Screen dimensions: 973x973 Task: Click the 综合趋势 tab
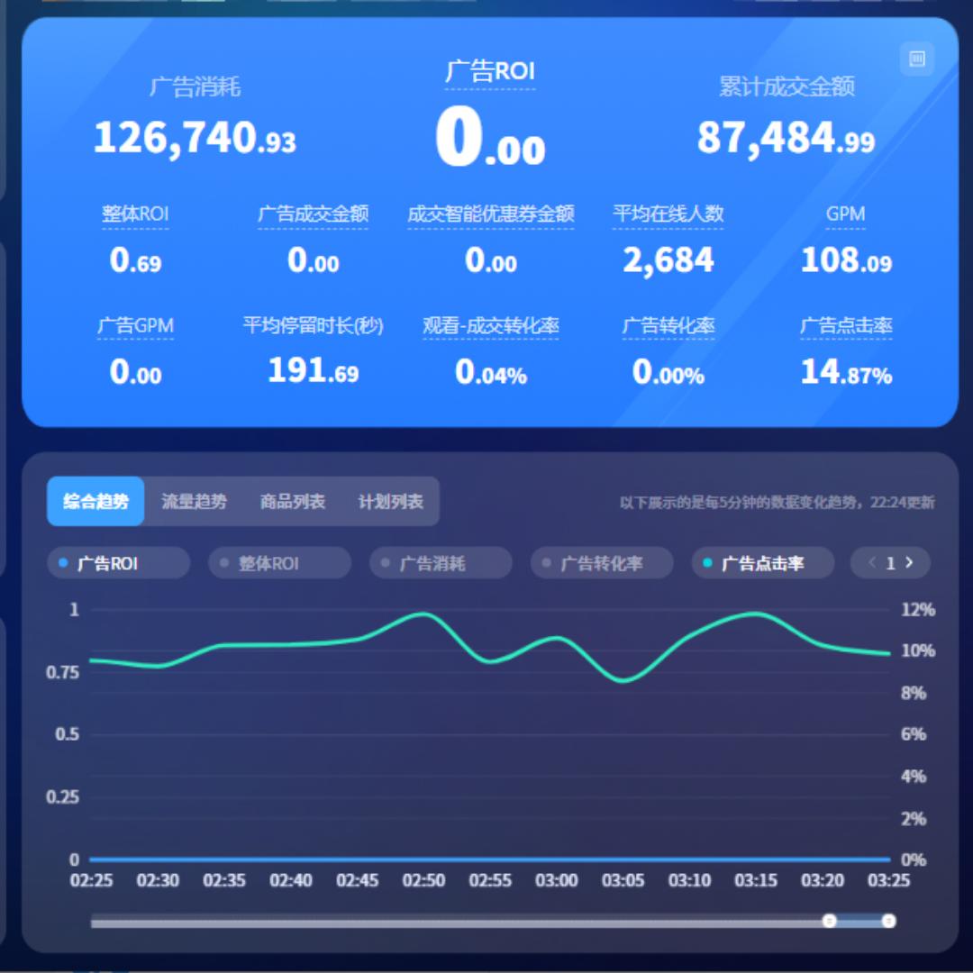(95, 502)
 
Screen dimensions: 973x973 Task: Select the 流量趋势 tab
(194, 502)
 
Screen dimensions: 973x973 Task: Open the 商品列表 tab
(292, 502)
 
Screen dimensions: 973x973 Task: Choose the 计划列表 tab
(390, 502)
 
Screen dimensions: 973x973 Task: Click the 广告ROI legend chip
(117, 564)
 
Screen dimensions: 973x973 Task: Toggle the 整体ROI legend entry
(278, 564)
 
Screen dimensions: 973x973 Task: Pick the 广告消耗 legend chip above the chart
(440, 564)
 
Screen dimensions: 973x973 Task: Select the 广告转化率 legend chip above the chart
(601, 564)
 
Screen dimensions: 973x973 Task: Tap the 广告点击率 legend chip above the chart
(762, 564)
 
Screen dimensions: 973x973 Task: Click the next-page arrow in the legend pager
(910, 563)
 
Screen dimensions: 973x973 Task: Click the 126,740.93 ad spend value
(195, 139)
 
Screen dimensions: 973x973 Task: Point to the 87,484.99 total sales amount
(786, 139)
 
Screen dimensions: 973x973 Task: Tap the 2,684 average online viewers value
(668, 261)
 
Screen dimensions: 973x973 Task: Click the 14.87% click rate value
(846, 372)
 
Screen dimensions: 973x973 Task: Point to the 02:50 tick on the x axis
(423, 880)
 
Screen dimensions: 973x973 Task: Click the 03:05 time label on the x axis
(623, 880)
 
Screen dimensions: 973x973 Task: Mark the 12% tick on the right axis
(918, 610)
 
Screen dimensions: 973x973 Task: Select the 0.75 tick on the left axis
(62, 672)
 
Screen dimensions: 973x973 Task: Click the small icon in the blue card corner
(917, 59)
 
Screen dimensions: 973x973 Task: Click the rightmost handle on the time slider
(888, 921)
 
